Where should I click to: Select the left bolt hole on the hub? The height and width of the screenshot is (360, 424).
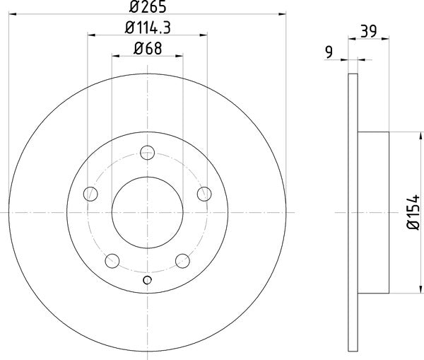point(90,193)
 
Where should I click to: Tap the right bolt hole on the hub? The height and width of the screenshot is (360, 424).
point(204,193)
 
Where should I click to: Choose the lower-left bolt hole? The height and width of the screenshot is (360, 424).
point(112,260)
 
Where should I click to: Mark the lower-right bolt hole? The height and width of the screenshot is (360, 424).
point(182,260)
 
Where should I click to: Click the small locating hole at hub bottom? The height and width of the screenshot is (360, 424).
point(147,280)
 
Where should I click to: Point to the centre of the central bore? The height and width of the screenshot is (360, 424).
point(147,211)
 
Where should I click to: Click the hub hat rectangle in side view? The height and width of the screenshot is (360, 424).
point(374,211)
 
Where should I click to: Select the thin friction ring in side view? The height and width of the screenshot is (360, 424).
point(354,211)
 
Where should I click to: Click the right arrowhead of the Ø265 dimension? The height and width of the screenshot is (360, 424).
point(283,13)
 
